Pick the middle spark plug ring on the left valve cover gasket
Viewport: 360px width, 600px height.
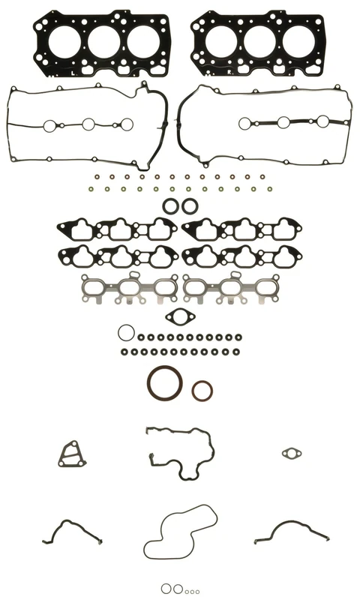tap(88, 124)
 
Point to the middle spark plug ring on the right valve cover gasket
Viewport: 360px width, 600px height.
tap(284, 123)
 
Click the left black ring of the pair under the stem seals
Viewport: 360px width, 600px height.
tap(171, 205)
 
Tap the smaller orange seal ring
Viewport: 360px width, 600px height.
tap(202, 390)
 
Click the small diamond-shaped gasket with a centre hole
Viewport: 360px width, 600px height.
tap(180, 317)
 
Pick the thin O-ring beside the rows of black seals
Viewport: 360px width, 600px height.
tap(126, 332)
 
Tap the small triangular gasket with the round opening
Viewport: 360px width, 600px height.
tap(70, 454)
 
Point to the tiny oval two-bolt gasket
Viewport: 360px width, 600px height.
tap(292, 453)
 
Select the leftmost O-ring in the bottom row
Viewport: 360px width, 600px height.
tap(166, 589)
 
